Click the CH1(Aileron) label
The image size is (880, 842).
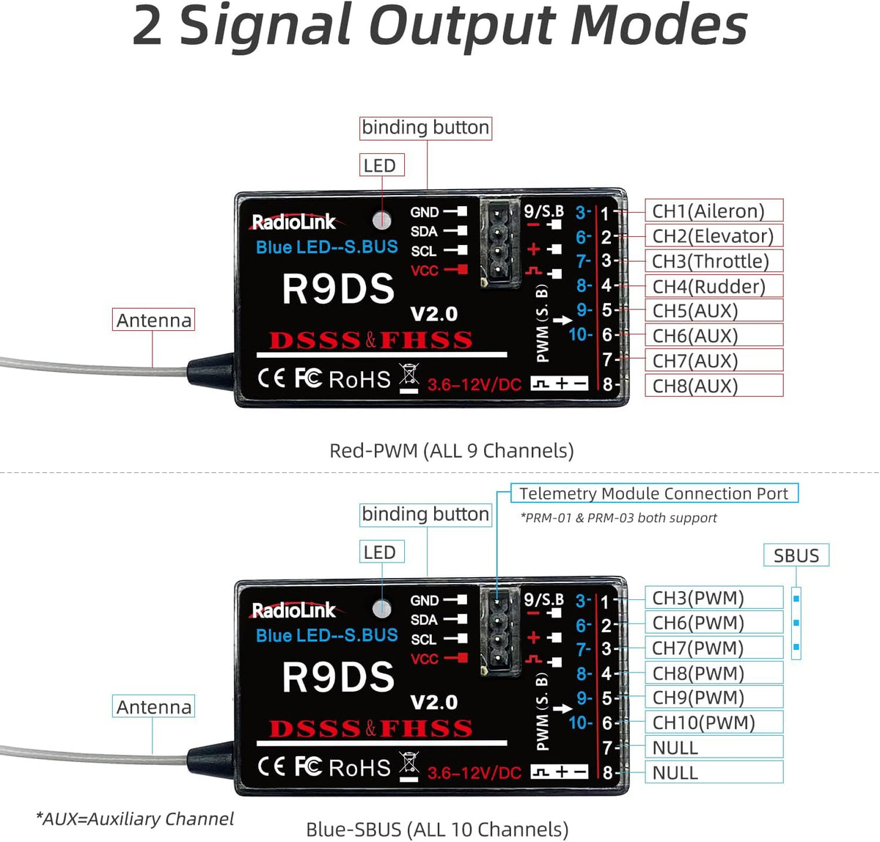[x=708, y=211]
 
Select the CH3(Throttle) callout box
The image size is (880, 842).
[x=711, y=261]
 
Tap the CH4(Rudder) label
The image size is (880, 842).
[x=708, y=286]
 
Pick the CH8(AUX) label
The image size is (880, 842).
[x=695, y=386]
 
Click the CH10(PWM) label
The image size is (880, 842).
[x=703, y=722]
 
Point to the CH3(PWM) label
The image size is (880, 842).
[x=697, y=598]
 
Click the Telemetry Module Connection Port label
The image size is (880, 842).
[x=653, y=494]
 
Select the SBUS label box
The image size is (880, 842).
[x=796, y=555]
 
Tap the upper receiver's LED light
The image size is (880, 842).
[x=381, y=219]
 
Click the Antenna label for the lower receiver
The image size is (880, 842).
[x=153, y=707]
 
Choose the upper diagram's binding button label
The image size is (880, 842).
[x=425, y=128]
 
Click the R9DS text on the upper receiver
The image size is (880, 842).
[x=338, y=289]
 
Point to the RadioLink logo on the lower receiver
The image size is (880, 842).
[x=293, y=610]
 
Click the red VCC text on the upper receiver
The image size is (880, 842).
[x=424, y=271]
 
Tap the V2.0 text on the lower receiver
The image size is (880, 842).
[x=434, y=703]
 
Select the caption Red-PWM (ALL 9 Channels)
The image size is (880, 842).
[x=451, y=450]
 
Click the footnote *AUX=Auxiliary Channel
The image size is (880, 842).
[x=135, y=819]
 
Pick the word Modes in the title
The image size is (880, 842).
[x=658, y=26]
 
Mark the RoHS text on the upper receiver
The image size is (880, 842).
[x=359, y=380]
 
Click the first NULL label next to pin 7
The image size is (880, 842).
[x=675, y=747]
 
